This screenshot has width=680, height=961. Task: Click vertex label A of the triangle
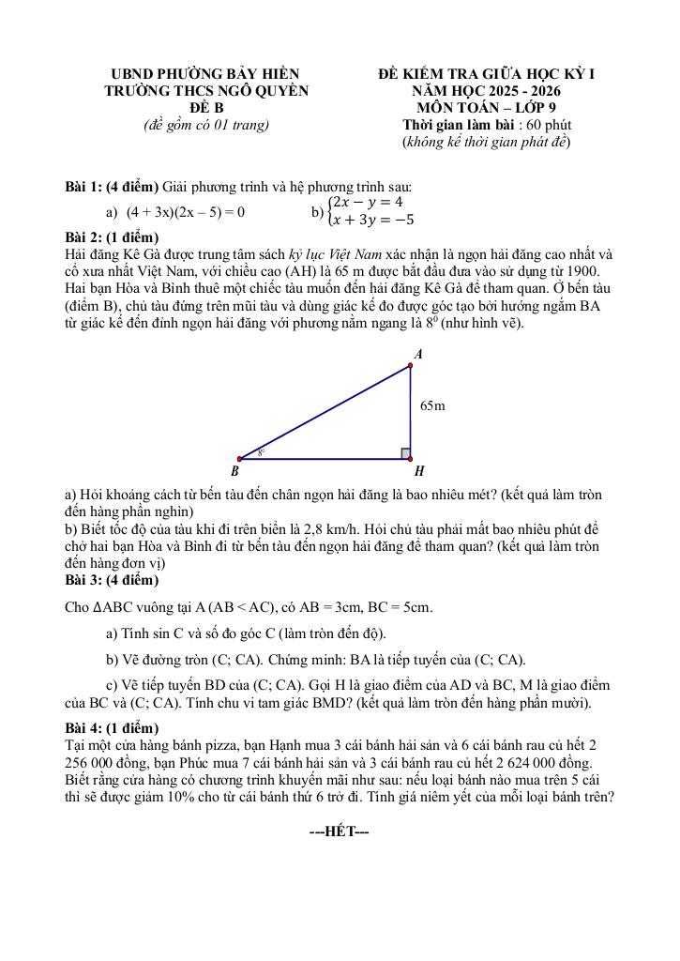[418, 354]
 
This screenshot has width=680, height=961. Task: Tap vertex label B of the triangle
[234, 471]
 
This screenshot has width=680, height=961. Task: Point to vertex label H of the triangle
[419, 471]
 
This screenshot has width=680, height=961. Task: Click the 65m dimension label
[432, 405]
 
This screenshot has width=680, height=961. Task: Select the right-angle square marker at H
[405, 453]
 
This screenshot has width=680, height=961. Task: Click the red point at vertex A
[411, 365]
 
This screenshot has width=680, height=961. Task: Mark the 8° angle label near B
[261, 451]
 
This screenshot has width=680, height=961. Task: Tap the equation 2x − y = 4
[369, 202]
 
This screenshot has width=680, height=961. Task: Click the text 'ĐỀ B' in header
[205, 108]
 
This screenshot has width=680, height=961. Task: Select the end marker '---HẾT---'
[339, 831]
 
